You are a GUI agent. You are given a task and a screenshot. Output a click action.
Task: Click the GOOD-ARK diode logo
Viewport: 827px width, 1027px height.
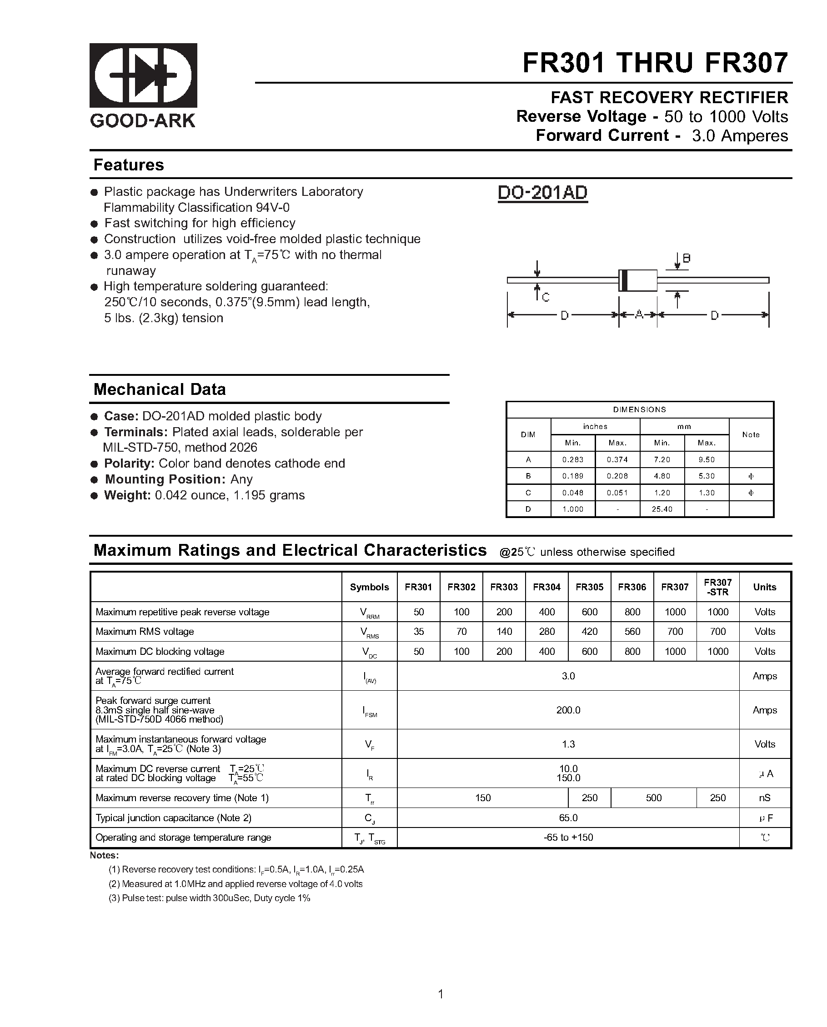point(143,75)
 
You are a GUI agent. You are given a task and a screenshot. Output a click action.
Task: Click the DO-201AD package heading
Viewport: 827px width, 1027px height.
point(542,193)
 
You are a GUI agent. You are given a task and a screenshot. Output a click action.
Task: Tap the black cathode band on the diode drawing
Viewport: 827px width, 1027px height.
point(622,280)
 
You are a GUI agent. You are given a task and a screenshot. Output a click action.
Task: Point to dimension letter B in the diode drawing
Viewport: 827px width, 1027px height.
point(687,259)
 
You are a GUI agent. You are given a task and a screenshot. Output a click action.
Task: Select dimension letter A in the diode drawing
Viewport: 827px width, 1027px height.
point(639,315)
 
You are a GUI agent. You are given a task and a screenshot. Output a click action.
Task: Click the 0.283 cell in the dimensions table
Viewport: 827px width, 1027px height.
point(572,460)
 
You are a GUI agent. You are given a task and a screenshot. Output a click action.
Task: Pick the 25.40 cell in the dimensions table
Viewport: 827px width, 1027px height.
point(662,509)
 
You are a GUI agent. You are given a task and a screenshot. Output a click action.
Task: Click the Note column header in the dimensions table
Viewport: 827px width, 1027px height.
point(751,434)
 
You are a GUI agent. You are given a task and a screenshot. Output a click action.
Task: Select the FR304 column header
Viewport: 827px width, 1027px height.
point(547,587)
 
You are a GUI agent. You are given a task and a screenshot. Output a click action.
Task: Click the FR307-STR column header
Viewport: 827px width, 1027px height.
point(717,587)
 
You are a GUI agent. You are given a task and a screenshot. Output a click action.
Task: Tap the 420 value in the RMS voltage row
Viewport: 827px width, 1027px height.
point(589,632)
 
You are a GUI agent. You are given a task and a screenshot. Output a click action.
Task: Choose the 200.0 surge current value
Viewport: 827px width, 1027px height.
point(568,710)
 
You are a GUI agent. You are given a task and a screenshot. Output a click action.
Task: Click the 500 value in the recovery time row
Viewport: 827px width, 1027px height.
point(653,798)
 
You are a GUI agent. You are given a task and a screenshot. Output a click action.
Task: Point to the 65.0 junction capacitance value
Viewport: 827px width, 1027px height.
point(568,818)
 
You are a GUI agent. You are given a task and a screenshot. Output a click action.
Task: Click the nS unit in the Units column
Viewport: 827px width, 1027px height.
point(765,798)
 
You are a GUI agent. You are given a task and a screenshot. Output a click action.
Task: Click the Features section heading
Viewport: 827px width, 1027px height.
point(129,165)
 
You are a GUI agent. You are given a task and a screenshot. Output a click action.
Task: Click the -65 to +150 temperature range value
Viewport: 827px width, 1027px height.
point(568,838)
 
